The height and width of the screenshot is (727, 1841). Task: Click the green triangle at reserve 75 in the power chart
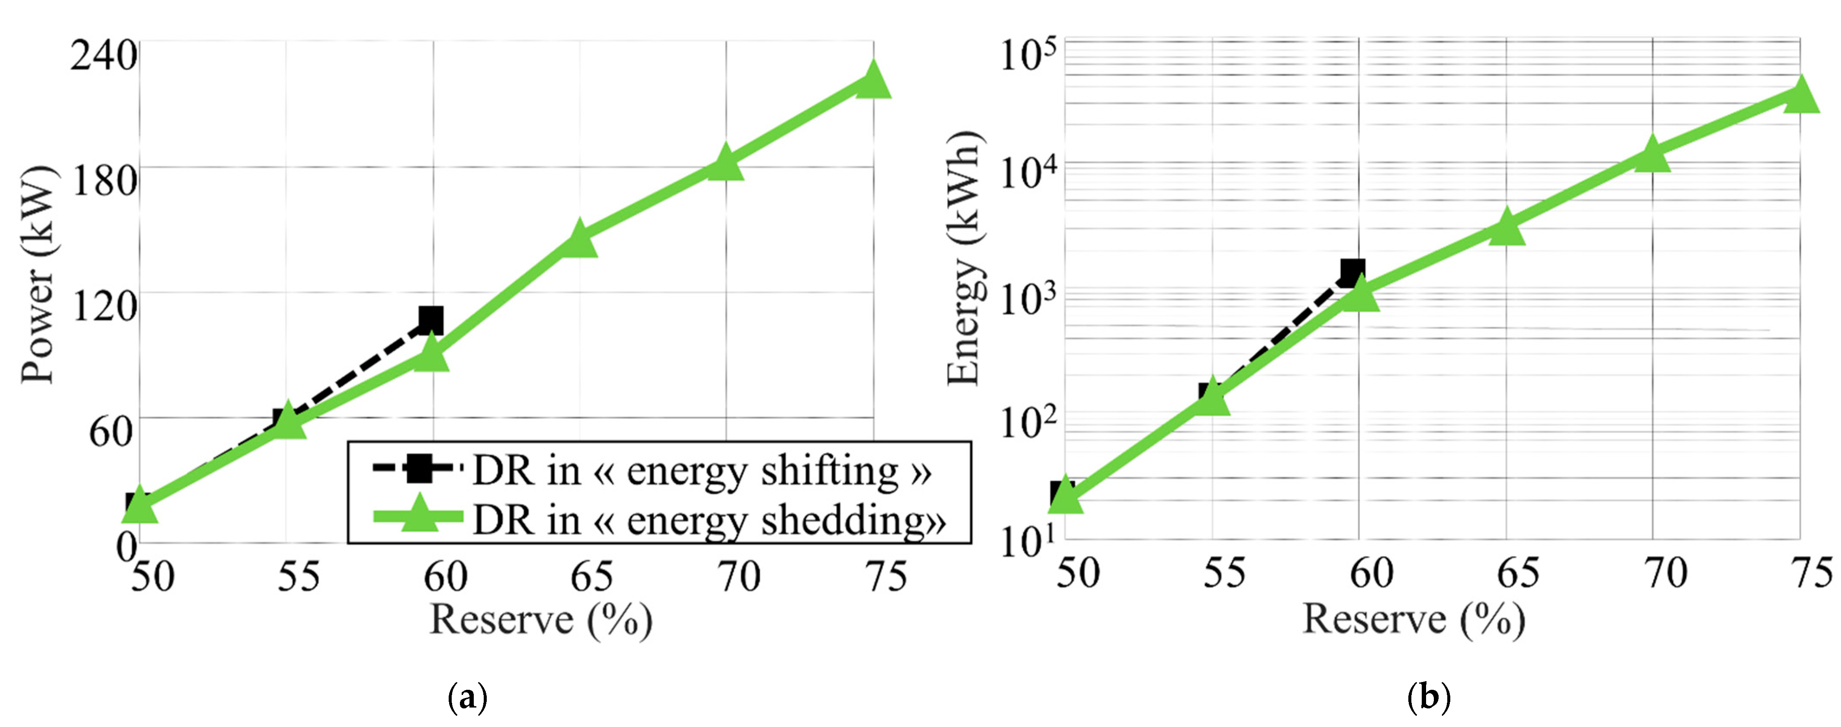[x=873, y=79]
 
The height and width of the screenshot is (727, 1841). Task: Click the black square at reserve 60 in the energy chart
[x=1352, y=272]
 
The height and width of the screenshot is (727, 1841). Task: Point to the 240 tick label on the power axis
[x=104, y=55]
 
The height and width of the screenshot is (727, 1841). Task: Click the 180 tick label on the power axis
[x=104, y=180]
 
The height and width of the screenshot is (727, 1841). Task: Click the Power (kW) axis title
[x=37, y=275]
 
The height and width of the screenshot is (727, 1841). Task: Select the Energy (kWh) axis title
[x=964, y=259]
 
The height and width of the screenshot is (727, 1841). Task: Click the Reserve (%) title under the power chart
[x=540, y=619]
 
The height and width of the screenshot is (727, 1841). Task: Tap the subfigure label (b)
[x=1428, y=696]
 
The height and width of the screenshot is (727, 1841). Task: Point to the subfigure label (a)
[x=467, y=696]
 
